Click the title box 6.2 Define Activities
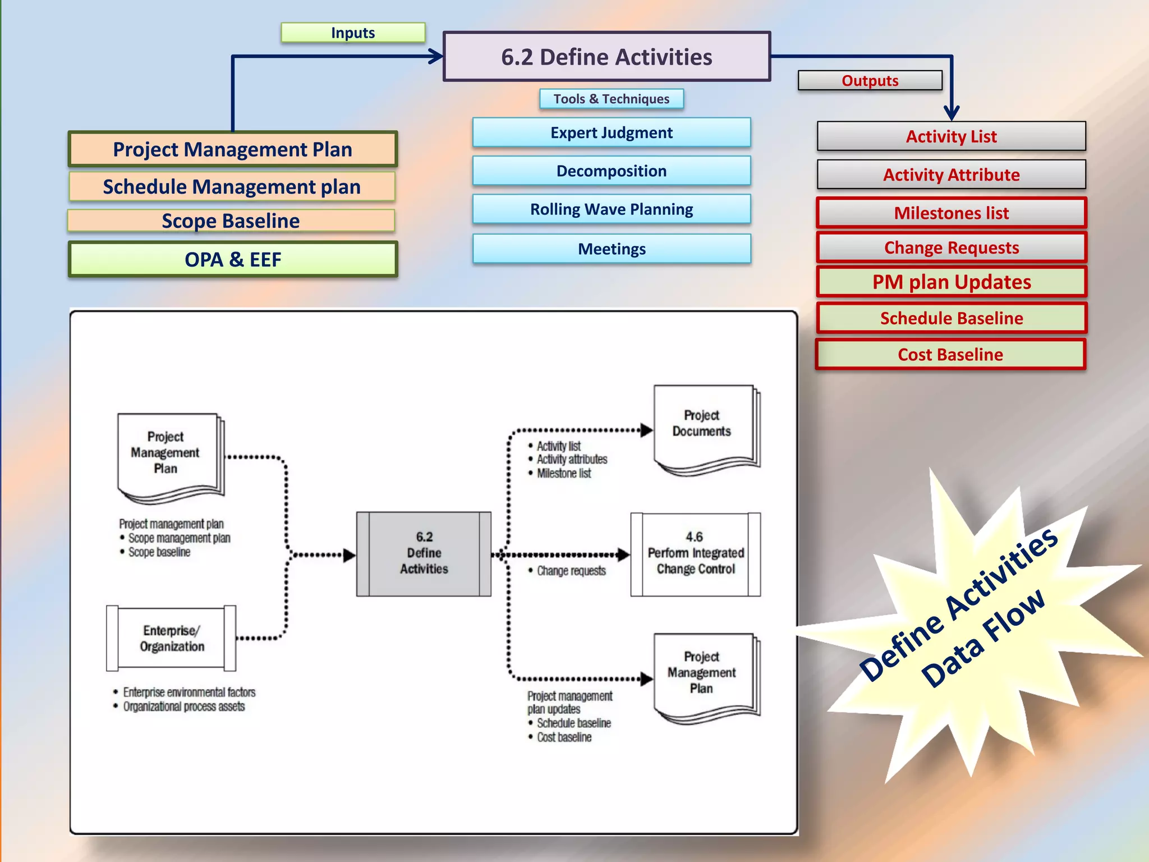(x=606, y=57)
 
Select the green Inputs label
(x=353, y=33)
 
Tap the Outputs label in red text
(x=870, y=81)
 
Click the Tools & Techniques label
(x=611, y=99)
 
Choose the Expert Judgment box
(x=611, y=133)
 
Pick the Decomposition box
(x=611, y=171)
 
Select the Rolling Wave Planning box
(x=611, y=209)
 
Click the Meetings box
(x=611, y=249)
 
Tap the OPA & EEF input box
(x=233, y=259)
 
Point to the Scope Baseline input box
(x=231, y=221)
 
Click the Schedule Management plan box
(x=232, y=186)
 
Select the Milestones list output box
(x=951, y=213)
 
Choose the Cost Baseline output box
(x=950, y=354)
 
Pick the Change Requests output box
(x=951, y=247)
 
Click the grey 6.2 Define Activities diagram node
(x=424, y=553)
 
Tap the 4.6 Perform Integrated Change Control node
(x=695, y=554)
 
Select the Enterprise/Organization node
(x=171, y=638)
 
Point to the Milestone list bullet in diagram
(x=563, y=474)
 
